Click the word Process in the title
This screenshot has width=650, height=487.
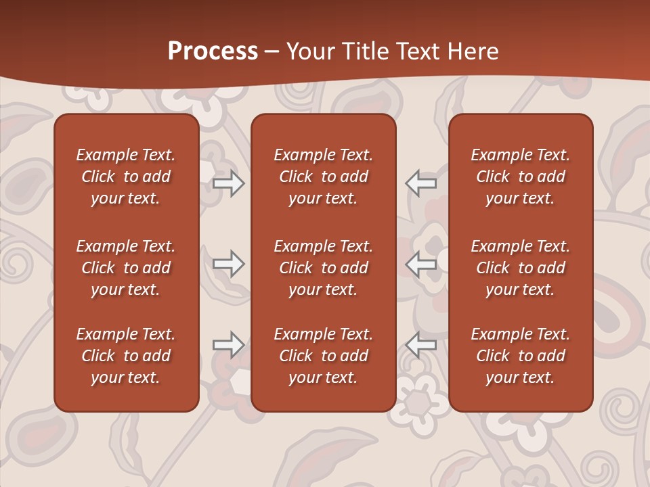pos(213,51)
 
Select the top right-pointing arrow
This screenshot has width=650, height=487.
pos(228,183)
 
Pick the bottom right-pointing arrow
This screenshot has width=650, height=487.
pos(228,344)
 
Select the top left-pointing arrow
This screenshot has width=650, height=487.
pos(420,183)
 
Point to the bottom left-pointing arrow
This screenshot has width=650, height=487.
pos(420,344)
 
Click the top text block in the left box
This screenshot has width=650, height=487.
pos(126,177)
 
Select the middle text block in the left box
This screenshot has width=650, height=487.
pos(126,268)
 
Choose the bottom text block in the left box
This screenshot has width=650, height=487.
pos(126,356)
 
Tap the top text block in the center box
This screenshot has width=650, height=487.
pos(323,177)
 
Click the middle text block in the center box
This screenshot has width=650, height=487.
pos(323,268)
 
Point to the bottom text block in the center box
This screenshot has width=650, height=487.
pos(323,356)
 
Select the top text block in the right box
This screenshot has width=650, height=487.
pos(520,177)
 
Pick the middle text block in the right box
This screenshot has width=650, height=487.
pos(520,268)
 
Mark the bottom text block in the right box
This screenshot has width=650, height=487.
pos(520,356)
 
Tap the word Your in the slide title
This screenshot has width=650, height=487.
pos(309,51)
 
